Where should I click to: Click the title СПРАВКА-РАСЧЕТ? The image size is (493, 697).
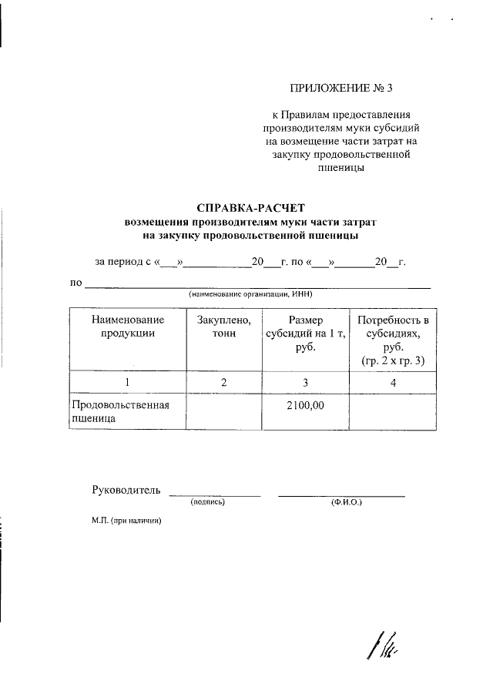coord(251,207)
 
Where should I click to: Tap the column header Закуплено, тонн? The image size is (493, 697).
coord(223,327)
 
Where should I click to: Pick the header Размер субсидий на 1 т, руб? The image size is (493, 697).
coord(306,333)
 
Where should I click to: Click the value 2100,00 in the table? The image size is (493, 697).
coord(306,404)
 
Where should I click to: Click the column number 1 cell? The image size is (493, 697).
coord(127,383)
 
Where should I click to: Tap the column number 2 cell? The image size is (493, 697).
coord(223,383)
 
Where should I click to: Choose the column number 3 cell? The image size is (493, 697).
coord(306,383)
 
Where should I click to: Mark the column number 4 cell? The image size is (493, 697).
coord(393,383)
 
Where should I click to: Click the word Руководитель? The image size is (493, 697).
coord(126,489)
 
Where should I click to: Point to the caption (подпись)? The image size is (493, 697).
coord(207,502)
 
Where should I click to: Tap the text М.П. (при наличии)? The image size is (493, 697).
coord(126,521)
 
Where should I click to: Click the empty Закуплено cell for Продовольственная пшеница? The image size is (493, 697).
coord(223,412)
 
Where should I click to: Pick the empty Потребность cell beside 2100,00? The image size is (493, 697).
coord(393,412)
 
